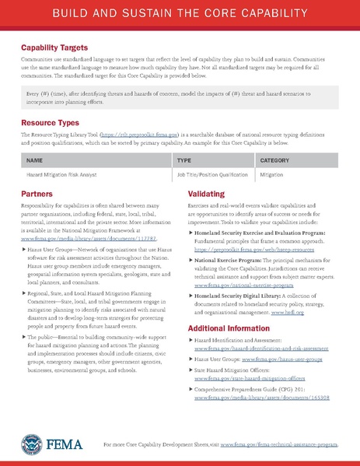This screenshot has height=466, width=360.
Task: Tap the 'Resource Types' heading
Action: point(50,122)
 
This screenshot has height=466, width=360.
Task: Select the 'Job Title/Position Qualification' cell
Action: point(212,177)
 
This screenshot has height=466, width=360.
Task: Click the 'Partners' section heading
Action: point(37,191)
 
